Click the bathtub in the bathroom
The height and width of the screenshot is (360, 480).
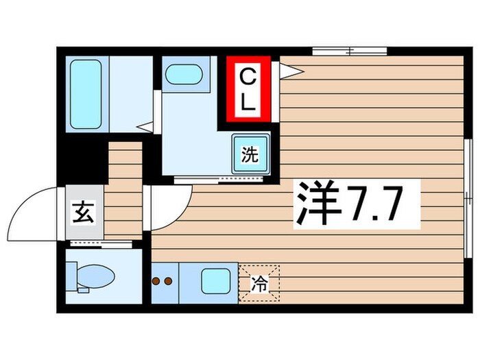coord(86,95)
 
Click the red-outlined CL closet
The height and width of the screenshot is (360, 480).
coord(248,91)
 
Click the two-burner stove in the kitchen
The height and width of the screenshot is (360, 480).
coord(165,281)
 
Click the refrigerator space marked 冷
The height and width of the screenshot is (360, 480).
coord(259,282)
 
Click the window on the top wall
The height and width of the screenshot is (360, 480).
coord(350,51)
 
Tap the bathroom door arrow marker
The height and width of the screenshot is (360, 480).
coord(144,126)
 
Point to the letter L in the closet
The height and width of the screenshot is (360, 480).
coord(248,105)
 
